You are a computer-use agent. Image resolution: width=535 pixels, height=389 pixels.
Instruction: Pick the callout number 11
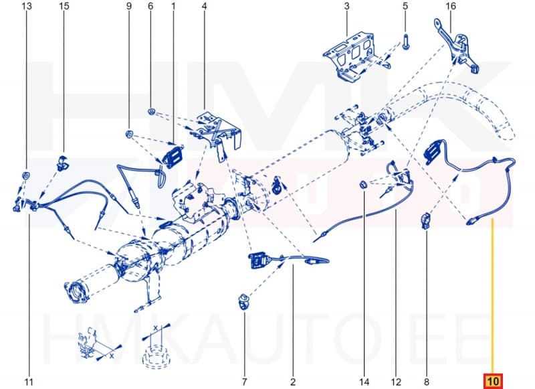click(29, 382)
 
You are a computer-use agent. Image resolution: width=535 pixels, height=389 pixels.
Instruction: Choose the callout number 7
click(243, 382)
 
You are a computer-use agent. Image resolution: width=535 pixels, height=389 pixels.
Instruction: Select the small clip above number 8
click(425, 220)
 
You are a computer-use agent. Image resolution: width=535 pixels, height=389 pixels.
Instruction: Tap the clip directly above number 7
click(243, 300)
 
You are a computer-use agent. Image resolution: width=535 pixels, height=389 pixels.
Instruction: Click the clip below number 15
click(63, 161)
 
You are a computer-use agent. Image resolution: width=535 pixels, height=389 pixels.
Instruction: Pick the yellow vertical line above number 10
click(493, 295)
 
